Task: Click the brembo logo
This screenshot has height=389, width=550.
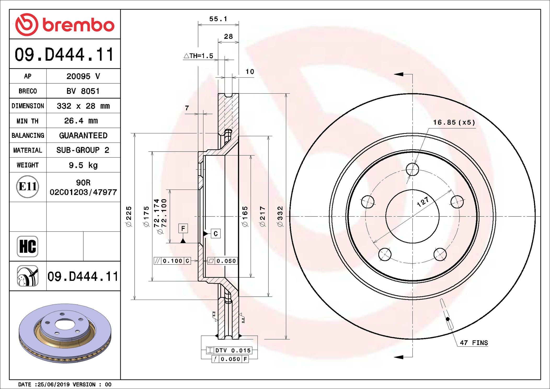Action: click(x=65, y=25)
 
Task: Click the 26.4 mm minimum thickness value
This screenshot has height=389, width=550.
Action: click(x=81, y=121)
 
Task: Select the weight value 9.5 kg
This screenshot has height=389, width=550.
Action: click(x=83, y=165)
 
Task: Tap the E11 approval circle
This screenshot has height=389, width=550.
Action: click(x=27, y=187)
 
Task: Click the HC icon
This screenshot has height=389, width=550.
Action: click(x=27, y=246)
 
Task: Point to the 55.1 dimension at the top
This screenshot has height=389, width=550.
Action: click(x=218, y=19)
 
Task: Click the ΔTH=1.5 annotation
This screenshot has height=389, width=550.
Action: click(x=199, y=56)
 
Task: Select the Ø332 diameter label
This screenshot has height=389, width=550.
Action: click(x=280, y=216)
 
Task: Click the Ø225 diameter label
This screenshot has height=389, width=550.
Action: click(x=129, y=216)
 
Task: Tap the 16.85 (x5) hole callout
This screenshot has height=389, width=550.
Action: click(x=454, y=122)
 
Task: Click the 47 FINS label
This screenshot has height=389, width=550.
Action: click(x=474, y=343)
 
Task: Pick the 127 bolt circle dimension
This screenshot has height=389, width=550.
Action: click(x=423, y=202)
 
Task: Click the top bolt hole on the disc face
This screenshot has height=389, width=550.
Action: click(x=412, y=169)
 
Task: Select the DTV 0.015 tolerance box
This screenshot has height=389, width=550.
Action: click(x=229, y=350)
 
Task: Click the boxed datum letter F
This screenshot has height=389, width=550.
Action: click(x=183, y=228)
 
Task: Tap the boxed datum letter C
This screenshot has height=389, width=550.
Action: click(x=216, y=233)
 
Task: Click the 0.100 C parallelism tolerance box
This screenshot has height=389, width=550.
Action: click(x=172, y=261)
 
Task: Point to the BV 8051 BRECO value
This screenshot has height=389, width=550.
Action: click(x=83, y=91)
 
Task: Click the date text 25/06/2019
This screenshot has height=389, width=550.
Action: click(x=54, y=384)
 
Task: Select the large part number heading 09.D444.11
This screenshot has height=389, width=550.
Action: click(x=65, y=54)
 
